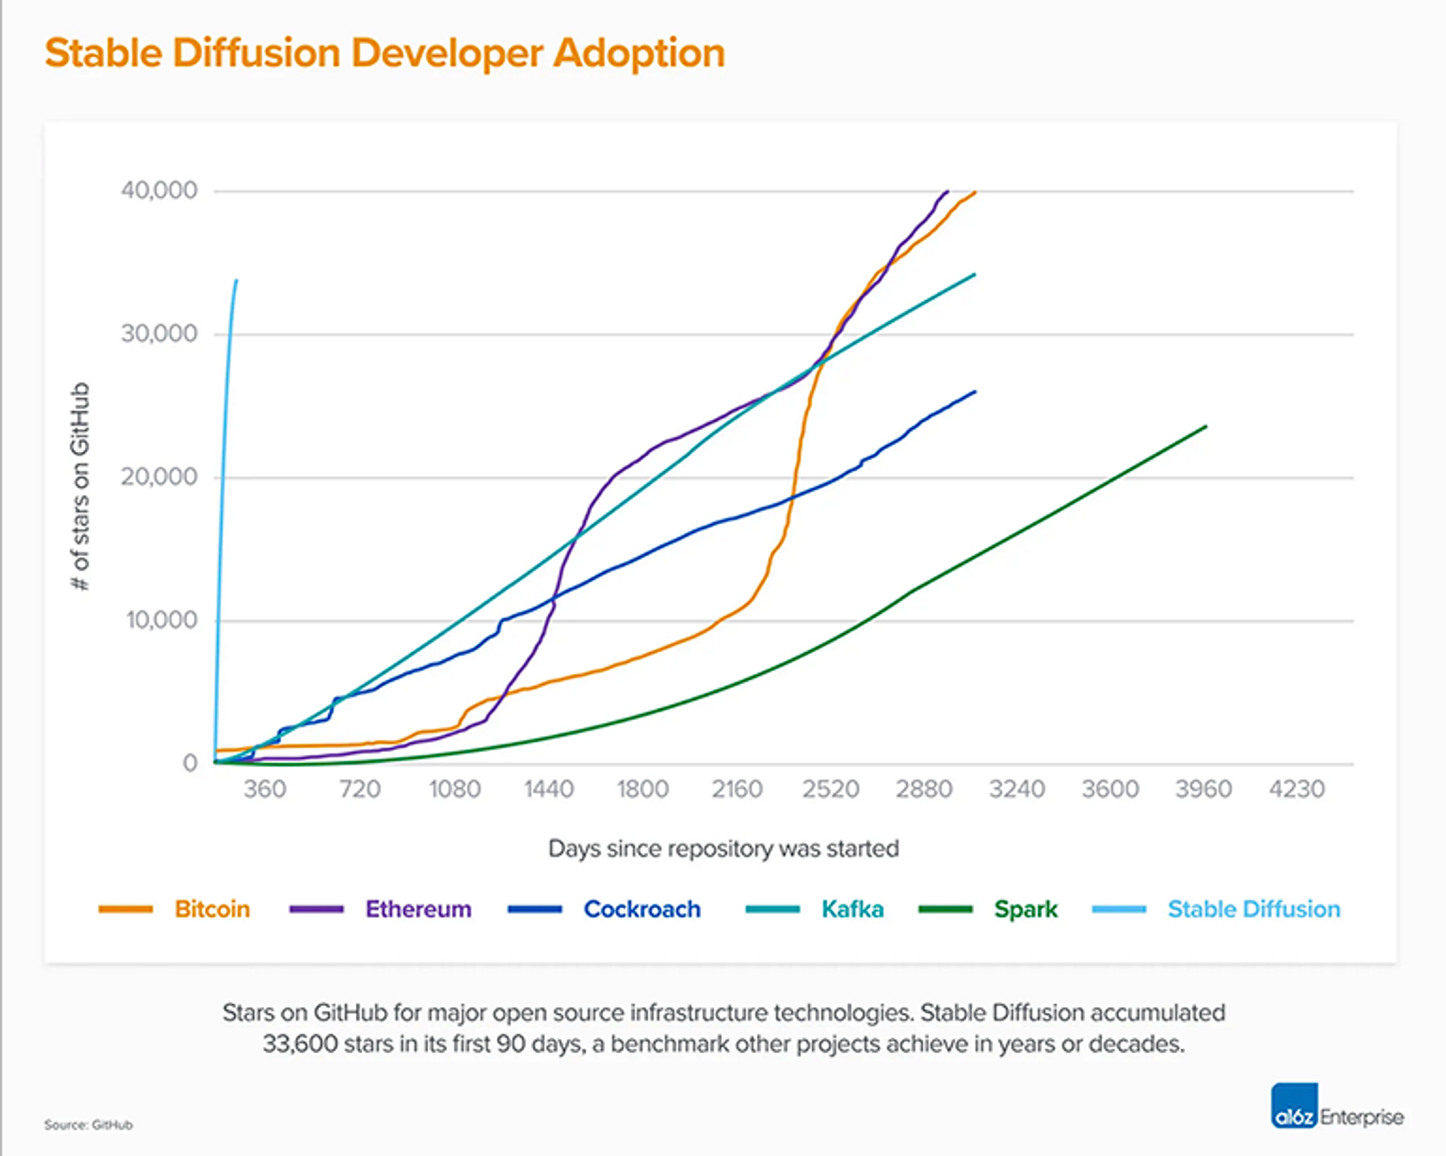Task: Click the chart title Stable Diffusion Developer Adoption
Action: point(385,53)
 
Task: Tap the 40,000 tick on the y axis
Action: point(159,191)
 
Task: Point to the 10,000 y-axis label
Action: point(161,620)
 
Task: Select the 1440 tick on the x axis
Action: point(549,789)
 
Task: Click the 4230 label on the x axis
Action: point(1296,789)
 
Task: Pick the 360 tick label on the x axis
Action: point(265,789)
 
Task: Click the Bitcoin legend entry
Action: point(212,909)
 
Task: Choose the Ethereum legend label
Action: point(418,909)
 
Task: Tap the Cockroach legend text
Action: point(642,909)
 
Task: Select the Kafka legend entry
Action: point(852,909)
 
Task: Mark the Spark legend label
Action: point(1025,909)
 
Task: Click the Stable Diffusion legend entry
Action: point(1254,909)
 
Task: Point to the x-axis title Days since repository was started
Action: point(723,848)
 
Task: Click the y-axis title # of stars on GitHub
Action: point(80,486)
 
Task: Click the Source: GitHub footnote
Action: point(88,1125)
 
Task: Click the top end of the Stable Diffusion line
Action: point(236,281)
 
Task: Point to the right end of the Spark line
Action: point(1206,427)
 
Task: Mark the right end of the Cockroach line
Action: point(975,392)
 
